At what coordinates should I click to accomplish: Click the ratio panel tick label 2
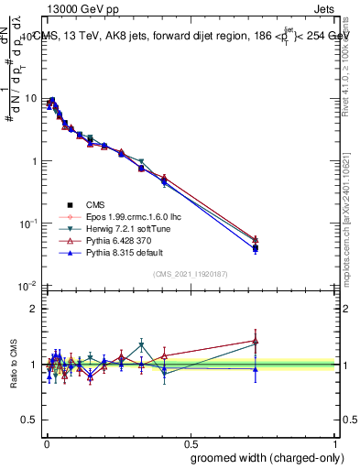click(x=34, y=309)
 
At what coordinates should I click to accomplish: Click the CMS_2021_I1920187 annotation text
click(x=190, y=274)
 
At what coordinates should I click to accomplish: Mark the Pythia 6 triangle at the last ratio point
click(x=256, y=341)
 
